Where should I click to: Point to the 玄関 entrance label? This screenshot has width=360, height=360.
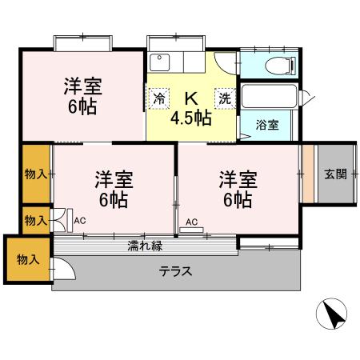pos(335,174)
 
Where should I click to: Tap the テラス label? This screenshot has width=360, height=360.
pos(175,270)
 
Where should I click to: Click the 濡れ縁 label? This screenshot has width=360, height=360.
pos(145,246)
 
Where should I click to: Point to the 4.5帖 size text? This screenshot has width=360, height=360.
pos(190,118)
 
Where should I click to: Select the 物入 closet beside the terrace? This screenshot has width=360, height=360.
pos(26,259)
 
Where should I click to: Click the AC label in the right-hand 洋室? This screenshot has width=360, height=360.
pos(191,222)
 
